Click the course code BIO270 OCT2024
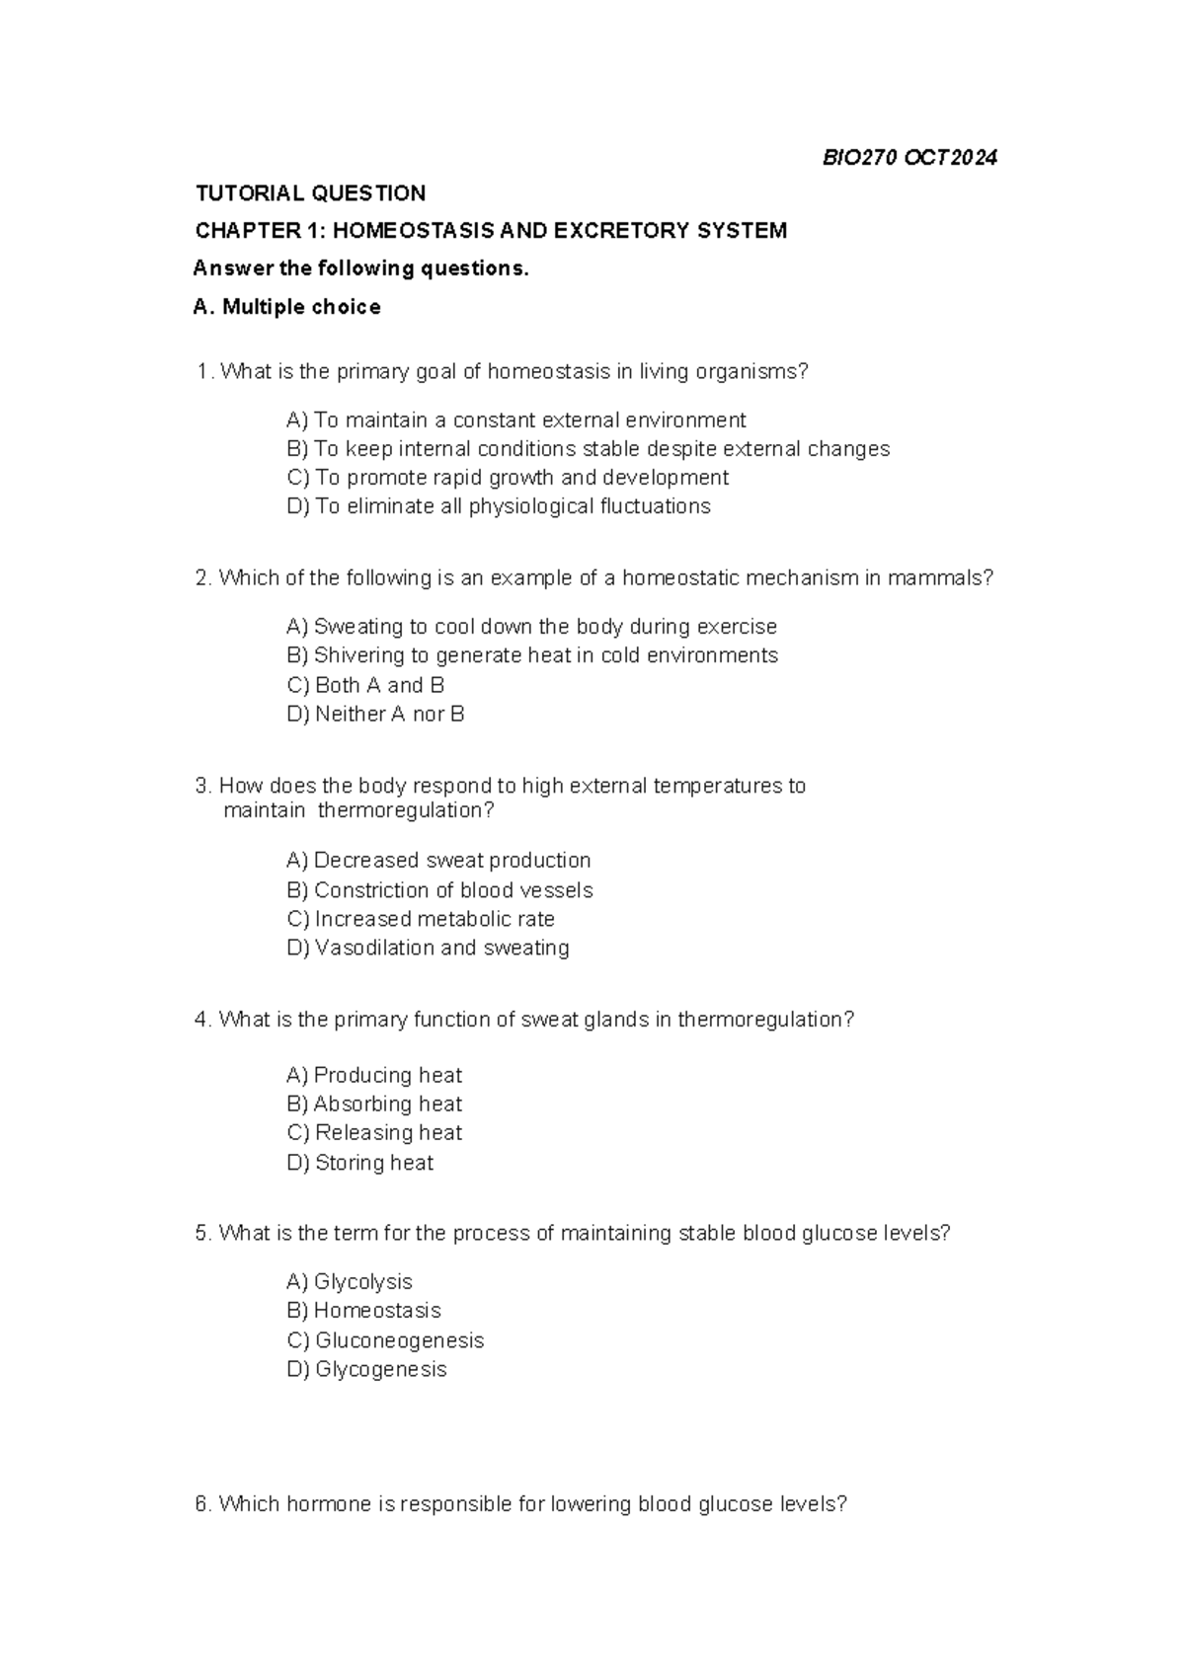(909, 157)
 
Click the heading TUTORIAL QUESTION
(310, 192)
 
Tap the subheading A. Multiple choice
(286, 307)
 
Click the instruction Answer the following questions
(360, 268)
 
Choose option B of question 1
(588, 449)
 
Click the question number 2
(202, 578)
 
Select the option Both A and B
(365, 685)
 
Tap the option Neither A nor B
(375, 714)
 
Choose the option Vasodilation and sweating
(428, 948)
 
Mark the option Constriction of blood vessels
(439, 890)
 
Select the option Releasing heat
(374, 1132)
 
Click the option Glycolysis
(349, 1281)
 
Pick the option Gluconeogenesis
(385, 1340)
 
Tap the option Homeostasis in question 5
(363, 1311)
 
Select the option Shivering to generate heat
(531, 655)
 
